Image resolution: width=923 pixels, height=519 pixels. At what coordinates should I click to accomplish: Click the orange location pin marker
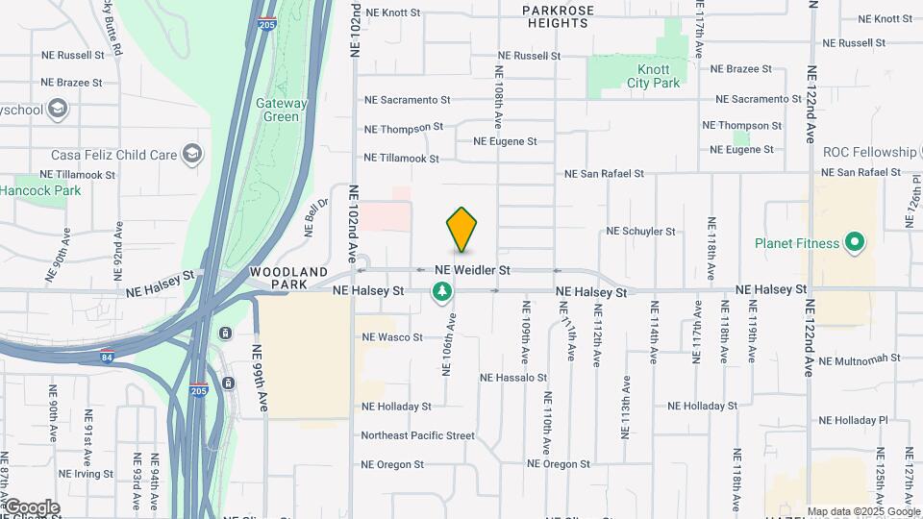[461, 230]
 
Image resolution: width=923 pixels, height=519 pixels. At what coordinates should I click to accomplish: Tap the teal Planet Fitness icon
[852, 242]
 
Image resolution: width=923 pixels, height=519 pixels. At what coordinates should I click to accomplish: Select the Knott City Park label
[653, 76]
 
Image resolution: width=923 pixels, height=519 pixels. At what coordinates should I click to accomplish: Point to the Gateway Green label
[282, 110]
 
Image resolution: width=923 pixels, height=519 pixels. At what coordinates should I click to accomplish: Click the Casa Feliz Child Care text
[114, 155]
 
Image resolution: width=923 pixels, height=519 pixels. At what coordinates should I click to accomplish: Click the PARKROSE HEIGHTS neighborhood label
[559, 16]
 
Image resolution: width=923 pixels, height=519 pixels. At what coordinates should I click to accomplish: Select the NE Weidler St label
[471, 271]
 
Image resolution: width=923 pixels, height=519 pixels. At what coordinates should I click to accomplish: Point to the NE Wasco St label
[392, 337]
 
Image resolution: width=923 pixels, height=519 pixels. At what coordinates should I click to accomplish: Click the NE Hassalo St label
[513, 378]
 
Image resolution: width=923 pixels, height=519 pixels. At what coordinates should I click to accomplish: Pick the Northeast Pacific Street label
[417, 435]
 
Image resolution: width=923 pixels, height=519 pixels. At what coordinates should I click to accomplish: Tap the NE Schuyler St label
[640, 232]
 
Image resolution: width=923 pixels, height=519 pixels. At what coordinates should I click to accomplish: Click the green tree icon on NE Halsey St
[442, 291]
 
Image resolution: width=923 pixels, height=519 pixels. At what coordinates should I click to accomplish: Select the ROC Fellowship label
[869, 152]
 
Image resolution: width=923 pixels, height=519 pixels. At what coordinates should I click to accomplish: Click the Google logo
[31, 507]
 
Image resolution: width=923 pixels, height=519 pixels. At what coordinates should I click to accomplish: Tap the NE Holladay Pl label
[861, 420]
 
